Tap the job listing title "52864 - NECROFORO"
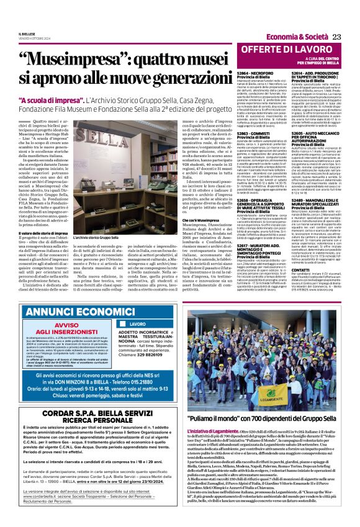pyautogui.click(x=240, y=73)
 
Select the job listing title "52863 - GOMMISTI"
pyautogui.click(x=238, y=133)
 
